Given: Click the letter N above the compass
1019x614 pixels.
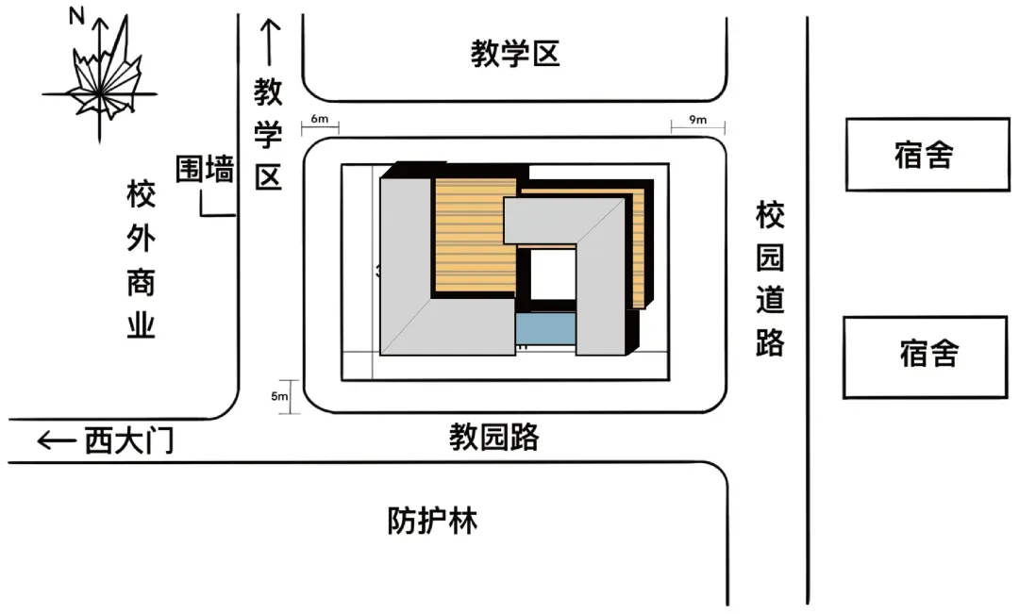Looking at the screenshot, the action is [x=76, y=16].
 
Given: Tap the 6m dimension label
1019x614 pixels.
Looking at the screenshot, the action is [x=320, y=120].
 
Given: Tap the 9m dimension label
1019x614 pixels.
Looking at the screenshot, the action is [x=698, y=120].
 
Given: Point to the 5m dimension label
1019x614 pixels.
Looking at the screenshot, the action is [x=279, y=396].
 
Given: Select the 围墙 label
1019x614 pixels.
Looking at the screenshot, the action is [x=205, y=170].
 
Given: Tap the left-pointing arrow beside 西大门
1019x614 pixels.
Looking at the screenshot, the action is [x=57, y=440].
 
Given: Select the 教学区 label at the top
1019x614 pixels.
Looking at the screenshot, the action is [x=515, y=55].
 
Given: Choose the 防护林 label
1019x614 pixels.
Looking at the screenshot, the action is [x=432, y=521].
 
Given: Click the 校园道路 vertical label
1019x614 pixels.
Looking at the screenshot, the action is [x=770, y=279].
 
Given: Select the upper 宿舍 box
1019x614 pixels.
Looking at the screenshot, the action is [x=925, y=155].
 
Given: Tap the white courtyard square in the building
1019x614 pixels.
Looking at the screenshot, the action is [x=550, y=274].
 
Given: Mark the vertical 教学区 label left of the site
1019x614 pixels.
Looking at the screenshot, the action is [x=269, y=135].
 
